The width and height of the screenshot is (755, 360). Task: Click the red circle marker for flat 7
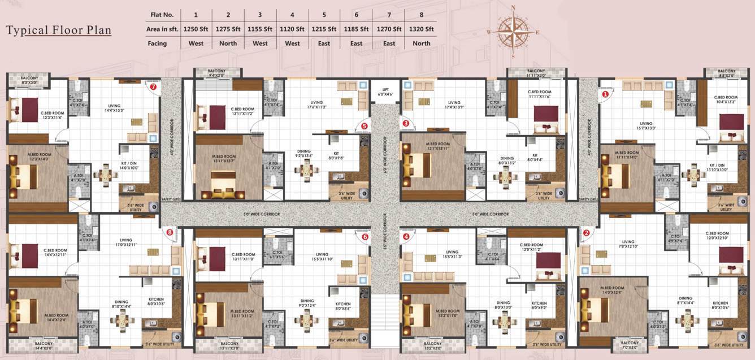[x=153, y=87]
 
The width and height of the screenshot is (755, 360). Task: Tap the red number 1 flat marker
[x=605, y=95]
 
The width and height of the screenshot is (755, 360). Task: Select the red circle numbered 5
[x=364, y=126]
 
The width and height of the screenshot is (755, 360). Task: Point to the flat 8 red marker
[x=169, y=231]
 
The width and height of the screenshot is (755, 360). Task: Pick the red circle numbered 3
[x=405, y=123]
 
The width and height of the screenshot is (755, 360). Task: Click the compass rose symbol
[x=513, y=31]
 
